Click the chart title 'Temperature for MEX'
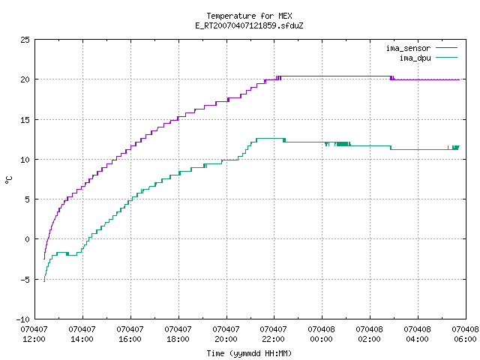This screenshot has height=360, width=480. click(x=249, y=16)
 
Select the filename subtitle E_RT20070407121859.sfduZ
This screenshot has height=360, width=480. click(x=249, y=25)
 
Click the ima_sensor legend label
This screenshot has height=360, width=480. click(x=408, y=48)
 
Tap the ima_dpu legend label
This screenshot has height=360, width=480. click(x=415, y=58)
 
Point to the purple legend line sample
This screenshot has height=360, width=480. click(x=447, y=48)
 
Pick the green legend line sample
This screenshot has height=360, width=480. click(x=447, y=57)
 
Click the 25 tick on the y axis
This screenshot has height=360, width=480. click(x=25, y=40)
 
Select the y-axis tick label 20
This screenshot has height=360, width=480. click(x=25, y=79)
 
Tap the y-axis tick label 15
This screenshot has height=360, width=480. click(x=25, y=120)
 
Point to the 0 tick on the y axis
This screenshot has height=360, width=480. click(x=28, y=239)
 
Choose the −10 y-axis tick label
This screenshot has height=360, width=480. click(x=23, y=319)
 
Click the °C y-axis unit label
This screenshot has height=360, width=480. click(x=8, y=180)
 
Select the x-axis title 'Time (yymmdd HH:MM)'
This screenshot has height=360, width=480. click(x=249, y=353)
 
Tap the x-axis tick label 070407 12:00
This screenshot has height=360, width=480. click(x=34, y=334)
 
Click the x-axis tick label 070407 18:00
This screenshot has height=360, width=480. click(x=178, y=334)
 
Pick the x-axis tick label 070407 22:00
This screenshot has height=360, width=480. click(x=273, y=334)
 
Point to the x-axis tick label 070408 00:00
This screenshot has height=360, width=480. click(x=322, y=334)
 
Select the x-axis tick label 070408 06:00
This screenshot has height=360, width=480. click(x=465, y=334)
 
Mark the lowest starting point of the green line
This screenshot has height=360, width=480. click(x=44, y=282)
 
